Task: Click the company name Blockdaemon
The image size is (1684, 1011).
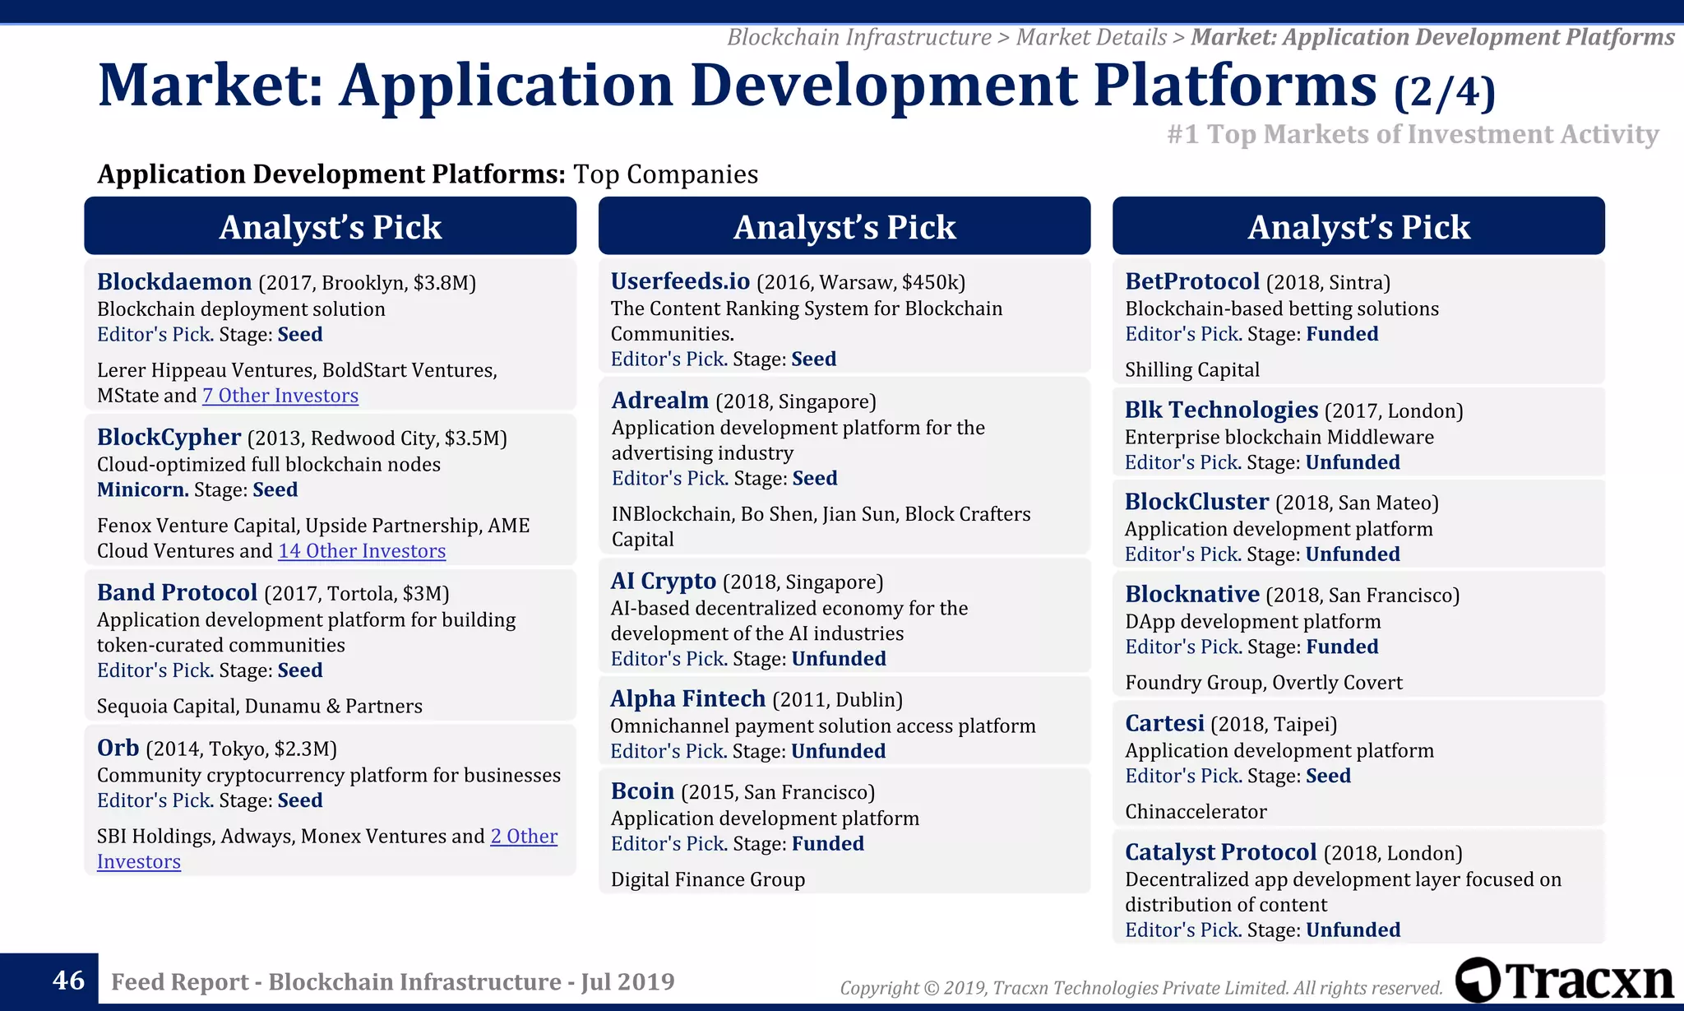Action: [x=174, y=282]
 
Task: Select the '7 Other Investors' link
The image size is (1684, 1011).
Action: [x=280, y=396]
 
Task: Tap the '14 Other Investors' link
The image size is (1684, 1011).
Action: [x=362, y=551]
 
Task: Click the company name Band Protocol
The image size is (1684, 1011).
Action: [x=178, y=593]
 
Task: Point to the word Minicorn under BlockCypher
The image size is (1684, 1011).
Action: [x=142, y=490]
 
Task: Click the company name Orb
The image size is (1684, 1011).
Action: [x=118, y=749]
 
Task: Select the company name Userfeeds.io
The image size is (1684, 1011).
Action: [x=680, y=282]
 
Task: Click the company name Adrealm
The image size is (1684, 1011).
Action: [x=659, y=401]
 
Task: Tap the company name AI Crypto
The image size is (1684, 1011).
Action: [x=663, y=582]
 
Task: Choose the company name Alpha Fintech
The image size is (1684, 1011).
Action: [x=687, y=699]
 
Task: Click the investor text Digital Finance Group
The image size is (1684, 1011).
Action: [x=708, y=879]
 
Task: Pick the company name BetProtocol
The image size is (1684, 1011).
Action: [x=1191, y=282]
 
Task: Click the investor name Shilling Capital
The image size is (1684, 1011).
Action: [x=1191, y=370]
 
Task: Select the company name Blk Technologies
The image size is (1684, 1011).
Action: [x=1221, y=410]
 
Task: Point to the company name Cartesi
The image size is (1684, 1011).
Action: [x=1164, y=724]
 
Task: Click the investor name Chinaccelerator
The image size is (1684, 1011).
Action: [x=1196, y=812]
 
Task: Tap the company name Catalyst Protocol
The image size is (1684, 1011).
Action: [x=1220, y=853]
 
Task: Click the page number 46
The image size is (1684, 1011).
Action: [x=68, y=981]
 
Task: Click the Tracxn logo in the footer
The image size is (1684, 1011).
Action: [x=1564, y=981]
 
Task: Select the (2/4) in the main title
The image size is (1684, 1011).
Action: [x=1445, y=92]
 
